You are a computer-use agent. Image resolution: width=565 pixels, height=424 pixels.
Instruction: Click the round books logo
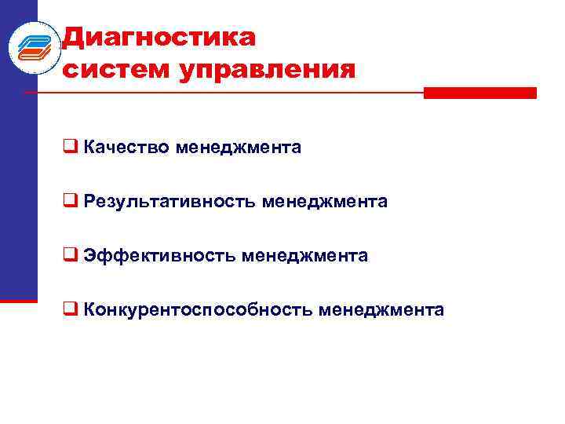(x=35, y=47)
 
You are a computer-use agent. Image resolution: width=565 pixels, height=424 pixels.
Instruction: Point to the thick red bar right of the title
(x=479, y=93)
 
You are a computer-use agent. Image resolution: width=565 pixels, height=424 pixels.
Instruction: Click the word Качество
(x=127, y=147)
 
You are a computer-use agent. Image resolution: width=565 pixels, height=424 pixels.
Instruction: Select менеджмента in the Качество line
(x=239, y=147)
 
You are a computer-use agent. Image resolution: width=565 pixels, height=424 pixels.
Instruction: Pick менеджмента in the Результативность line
(x=325, y=202)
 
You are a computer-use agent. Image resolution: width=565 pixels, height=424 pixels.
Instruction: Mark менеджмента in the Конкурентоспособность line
(x=381, y=310)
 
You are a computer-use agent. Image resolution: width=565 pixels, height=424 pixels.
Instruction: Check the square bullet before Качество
(x=70, y=147)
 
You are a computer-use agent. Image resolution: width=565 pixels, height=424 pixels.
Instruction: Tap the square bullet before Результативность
(x=70, y=202)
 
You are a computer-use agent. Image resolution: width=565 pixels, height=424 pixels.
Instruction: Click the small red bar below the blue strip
(x=18, y=299)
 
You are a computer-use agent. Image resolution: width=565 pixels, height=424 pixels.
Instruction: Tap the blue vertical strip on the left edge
(x=18, y=196)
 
